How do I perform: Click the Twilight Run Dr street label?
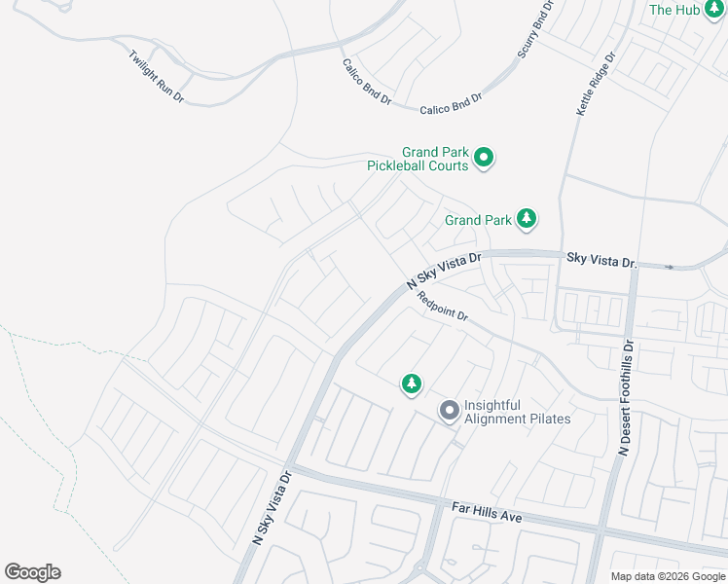click(157, 76)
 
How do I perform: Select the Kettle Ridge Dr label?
click(596, 87)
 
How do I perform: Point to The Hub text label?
click(674, 10)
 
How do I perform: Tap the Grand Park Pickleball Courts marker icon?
click(484, 156)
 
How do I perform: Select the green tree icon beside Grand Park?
click(527, 218)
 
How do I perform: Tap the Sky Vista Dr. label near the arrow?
click(601, 261)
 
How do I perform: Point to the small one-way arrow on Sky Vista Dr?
click(670, 266)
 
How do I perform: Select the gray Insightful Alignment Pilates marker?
click(449, 411)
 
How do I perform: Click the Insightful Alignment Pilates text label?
click(517, 412)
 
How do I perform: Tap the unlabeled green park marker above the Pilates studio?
click(412, 384)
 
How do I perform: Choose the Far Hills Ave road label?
click(488, 511)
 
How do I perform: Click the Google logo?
click(32, 572)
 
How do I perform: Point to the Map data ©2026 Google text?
click(668, 576)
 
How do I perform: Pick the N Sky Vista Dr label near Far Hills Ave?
click(273, 508)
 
